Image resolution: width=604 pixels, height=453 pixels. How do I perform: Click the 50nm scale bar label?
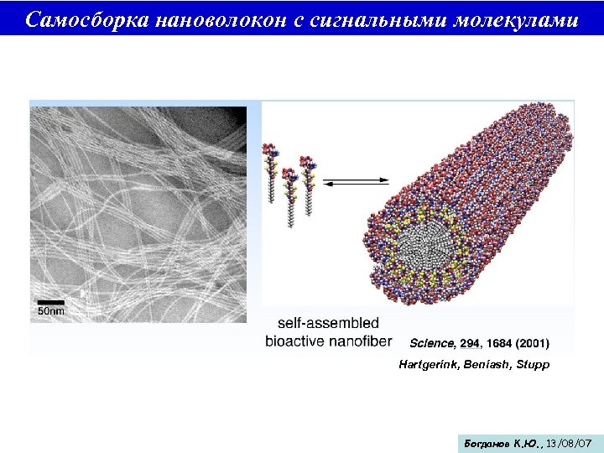click(x=50, y=311)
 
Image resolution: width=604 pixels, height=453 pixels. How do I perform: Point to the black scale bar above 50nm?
click(x=50, y=301)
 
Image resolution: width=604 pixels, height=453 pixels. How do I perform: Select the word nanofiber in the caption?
click(x=363, y=341)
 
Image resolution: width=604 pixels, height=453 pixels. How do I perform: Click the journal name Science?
click(x=432, y=343)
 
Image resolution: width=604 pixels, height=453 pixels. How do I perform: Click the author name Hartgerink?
click(x=427, y=365)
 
